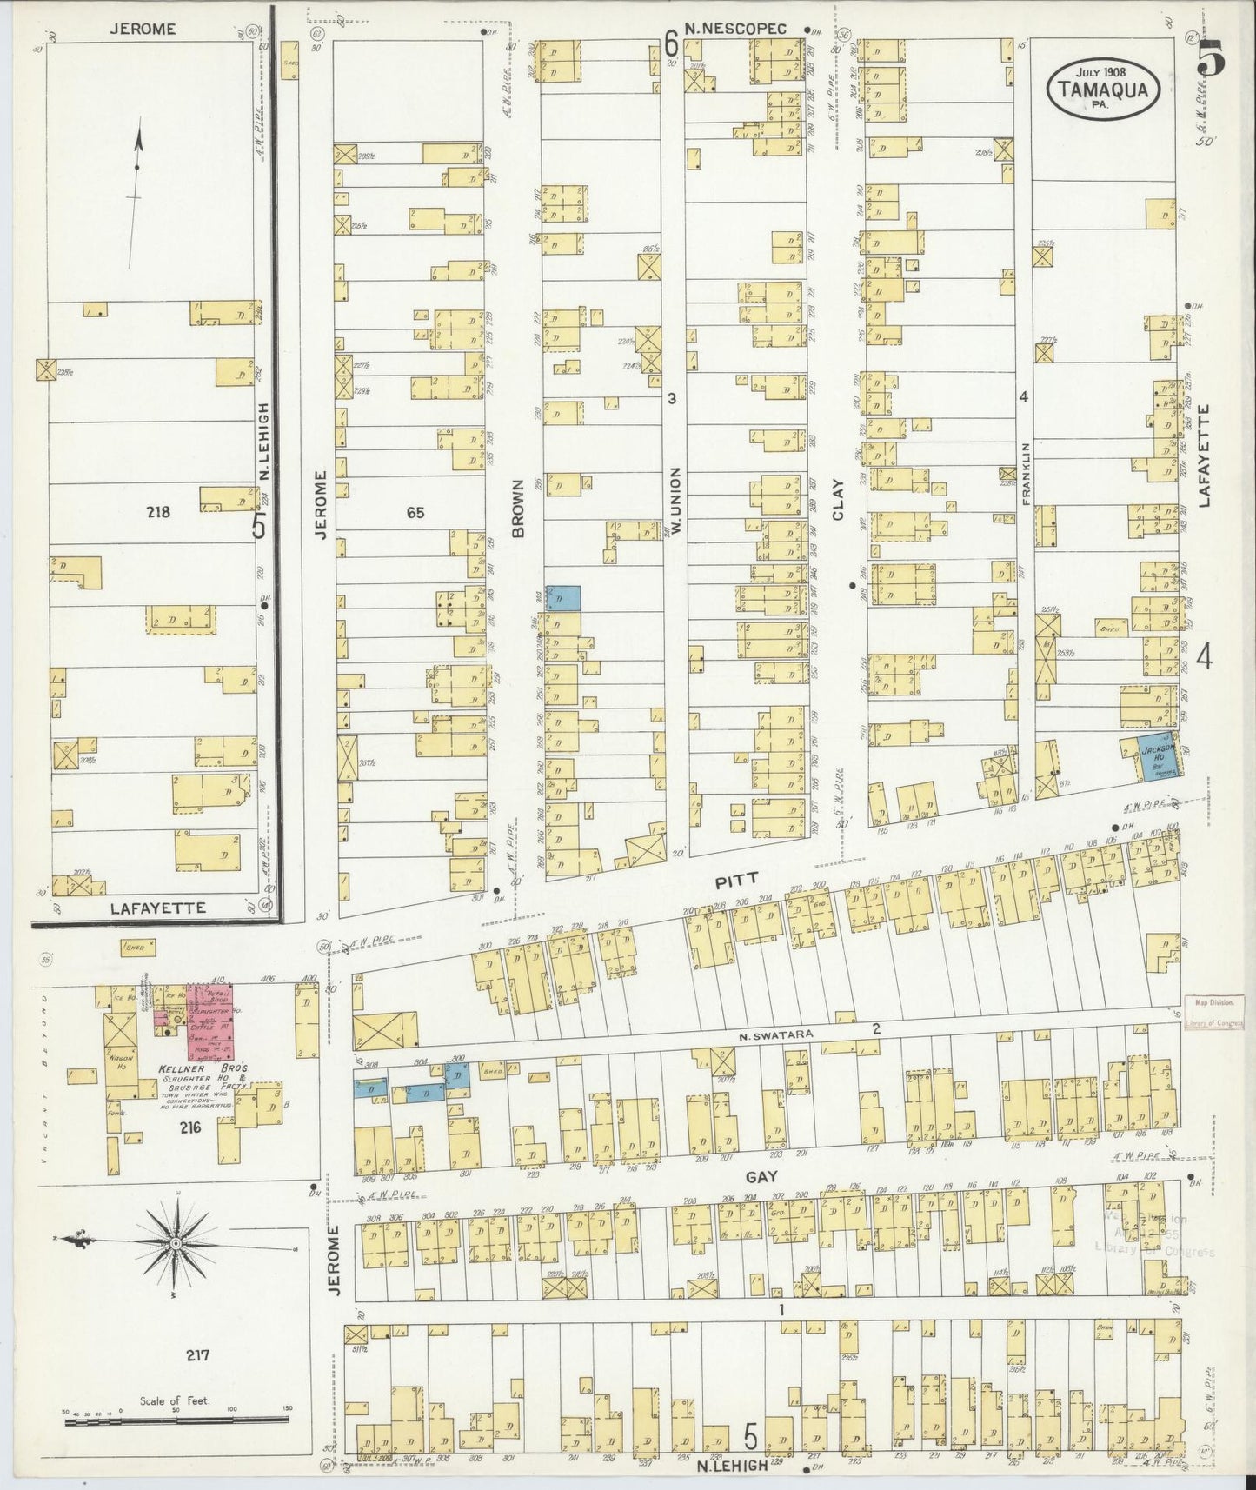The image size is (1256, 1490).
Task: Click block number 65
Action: (x=415, y=513)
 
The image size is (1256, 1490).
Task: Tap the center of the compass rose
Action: (x=176, y=1244)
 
